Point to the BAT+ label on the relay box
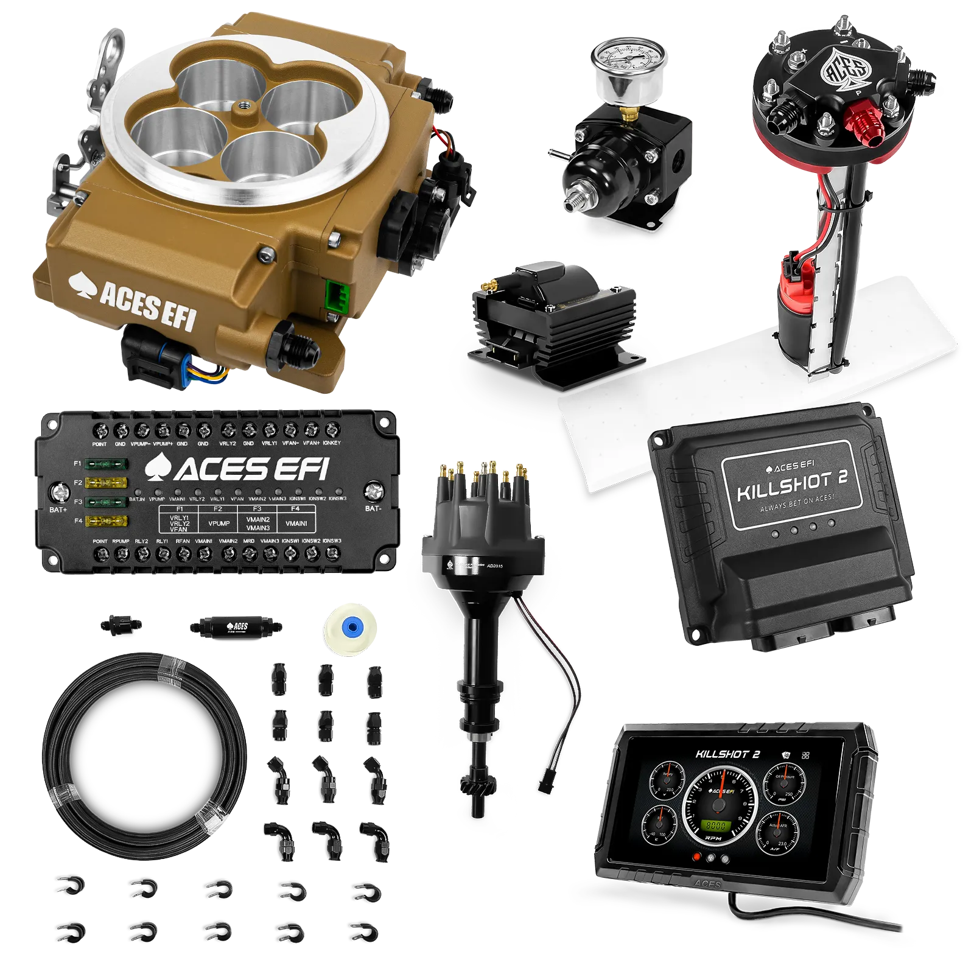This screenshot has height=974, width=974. coord(58,510)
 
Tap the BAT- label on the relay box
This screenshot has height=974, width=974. coord(373,508)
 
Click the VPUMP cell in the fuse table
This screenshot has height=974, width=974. coord(219,523)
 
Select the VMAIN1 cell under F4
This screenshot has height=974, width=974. coord(296,523)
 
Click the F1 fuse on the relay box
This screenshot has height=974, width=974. coord(106,464)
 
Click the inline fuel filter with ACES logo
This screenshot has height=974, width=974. coord(236,626)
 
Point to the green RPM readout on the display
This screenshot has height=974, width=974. coord(715,826)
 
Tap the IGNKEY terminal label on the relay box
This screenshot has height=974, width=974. coord(332,443)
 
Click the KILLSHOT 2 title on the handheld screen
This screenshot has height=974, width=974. coord(728,754)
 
